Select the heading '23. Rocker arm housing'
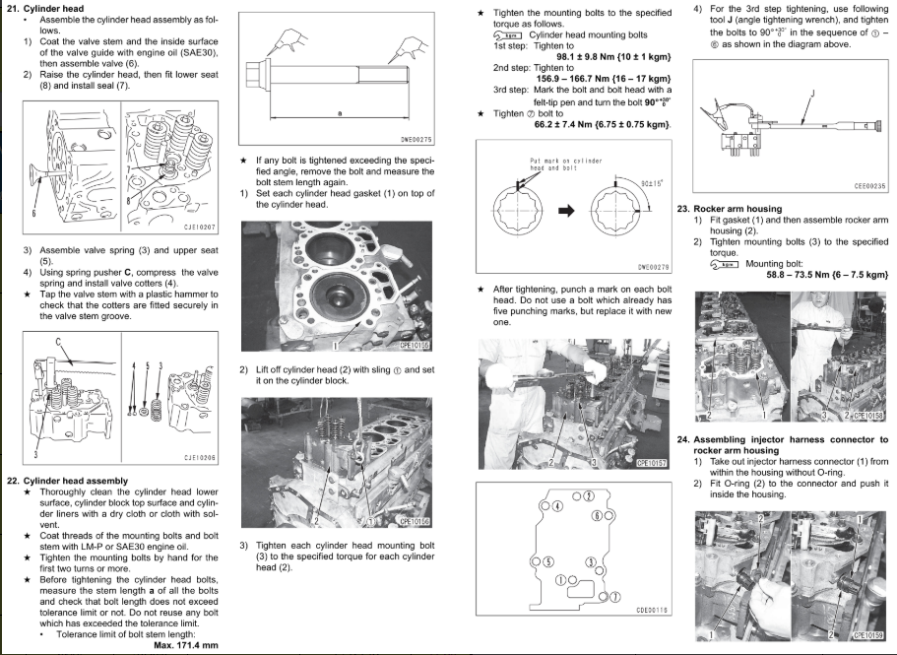729,209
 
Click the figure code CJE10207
200,227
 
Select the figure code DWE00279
653,266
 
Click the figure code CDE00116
652,610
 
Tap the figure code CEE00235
869,186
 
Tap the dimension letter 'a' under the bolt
339,113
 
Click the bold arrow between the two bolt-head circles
567,210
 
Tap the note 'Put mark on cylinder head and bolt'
565,164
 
